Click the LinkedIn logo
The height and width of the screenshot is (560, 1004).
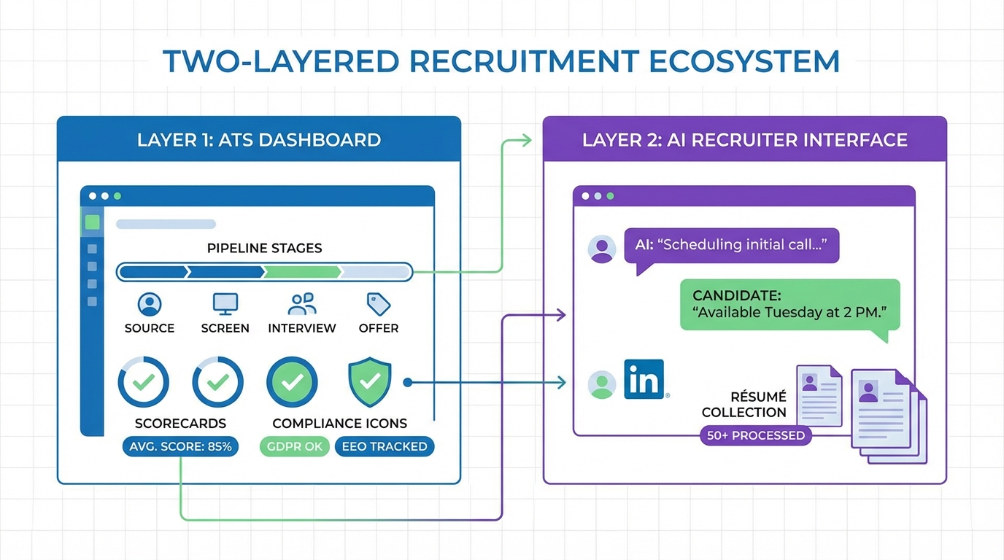(644, 379)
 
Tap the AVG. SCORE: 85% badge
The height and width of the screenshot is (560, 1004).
(180, 446)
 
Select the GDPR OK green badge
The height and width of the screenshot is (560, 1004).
(293, 446)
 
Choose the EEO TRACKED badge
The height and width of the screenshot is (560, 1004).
(384, 446)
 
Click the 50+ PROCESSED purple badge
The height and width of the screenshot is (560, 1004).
(756, 435)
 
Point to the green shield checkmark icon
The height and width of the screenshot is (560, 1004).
(370, 381)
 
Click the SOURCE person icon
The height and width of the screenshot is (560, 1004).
(150, 303)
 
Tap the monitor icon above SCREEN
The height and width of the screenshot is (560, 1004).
(225, 303)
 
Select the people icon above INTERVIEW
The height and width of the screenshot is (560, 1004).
(302, 303)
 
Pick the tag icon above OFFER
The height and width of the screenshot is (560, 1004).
(378, 303)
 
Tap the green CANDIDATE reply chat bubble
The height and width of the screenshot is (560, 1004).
(789, 306)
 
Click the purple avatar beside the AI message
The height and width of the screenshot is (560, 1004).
(602, 248)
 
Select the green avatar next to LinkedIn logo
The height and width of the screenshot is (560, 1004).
(602, 384)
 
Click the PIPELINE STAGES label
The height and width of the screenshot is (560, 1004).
(264, 248)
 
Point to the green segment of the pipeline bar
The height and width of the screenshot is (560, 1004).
(302, 273)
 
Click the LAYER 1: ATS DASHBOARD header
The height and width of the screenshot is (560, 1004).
(259, 139)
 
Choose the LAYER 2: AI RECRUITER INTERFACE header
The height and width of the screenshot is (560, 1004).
(744, 139)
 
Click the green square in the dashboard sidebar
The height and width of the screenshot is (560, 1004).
(92, 222)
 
